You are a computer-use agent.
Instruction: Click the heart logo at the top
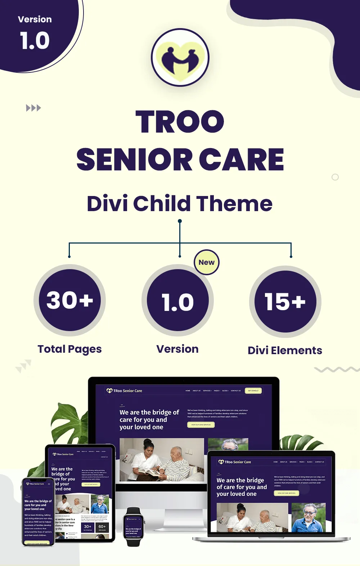[180, 58]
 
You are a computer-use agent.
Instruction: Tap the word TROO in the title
[180, 121]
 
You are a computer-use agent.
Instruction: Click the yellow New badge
[207, 262]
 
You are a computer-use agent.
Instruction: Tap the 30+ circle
[70, 300]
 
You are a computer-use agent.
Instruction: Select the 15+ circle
[285, 302]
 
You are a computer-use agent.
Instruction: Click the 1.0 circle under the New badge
[178, 301]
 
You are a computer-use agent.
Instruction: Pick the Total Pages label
[70, 349]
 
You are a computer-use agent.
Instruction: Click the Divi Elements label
[285, 351]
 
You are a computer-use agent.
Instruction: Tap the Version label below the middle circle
[177, 349]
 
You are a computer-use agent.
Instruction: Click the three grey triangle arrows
[33, 108]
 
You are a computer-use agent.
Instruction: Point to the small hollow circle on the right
[335, 177]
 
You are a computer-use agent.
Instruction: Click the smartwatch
[133, 527]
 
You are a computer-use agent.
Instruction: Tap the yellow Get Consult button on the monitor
[253, 391]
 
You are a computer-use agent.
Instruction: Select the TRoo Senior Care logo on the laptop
[235, 462]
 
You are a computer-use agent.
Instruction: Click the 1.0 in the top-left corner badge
[35, 40]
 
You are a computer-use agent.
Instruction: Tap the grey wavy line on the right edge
[337, 369]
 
